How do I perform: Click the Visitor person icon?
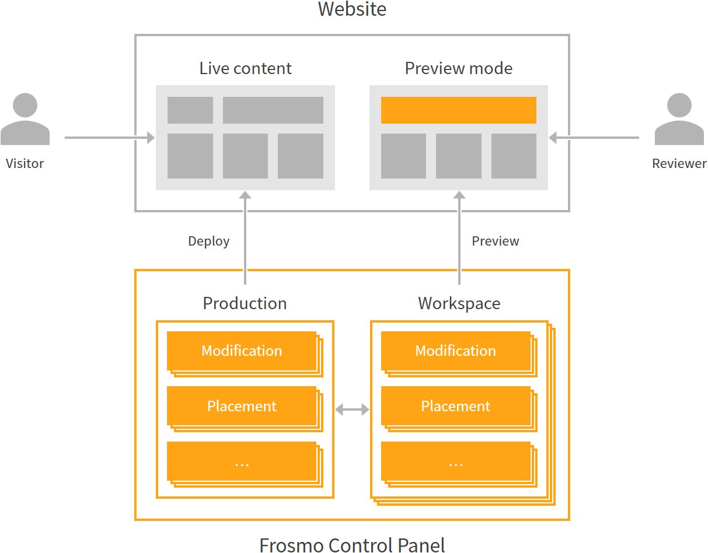pyautogui.click(x=25, y=120)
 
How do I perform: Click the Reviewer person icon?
pyautogui.click(x=679, y=120)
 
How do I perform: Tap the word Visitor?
pyautogui.click(x=25, y=163)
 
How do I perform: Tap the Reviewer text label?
pyautogui.click(x=679, y=163)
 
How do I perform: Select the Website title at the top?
pyautogui.click(x=352, y=10)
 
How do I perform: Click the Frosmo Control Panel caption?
pyautogui.click(x=352, y=544)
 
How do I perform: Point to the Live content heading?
pyautogui.click(x=245, y=68)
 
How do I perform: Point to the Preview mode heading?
pyautogui.click(x=459, y=68)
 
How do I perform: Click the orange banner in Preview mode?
pyautogui.click(x=459, y=110)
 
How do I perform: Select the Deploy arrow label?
pyautogui.click(x=208, y=242)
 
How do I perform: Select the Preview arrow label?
pyautogui.click(x=495, y=242)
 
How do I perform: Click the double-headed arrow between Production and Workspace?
pyautogui.click(x=352, y=409)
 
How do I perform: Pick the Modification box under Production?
pyautogui.click(x=242, y=351)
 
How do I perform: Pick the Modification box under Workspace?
pyautogui.click(x=455, y=351)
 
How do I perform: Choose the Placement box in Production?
pyautogui.click(x=242, y=406)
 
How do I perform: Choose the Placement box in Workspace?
pyautogui.click(x=455, y=406)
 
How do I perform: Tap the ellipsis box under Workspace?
pyautogui.click(x=455, y=461)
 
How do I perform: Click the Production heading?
pyautogui.click(x=245, y=303)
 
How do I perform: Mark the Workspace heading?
pyautogui.click(x=459, y=303)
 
